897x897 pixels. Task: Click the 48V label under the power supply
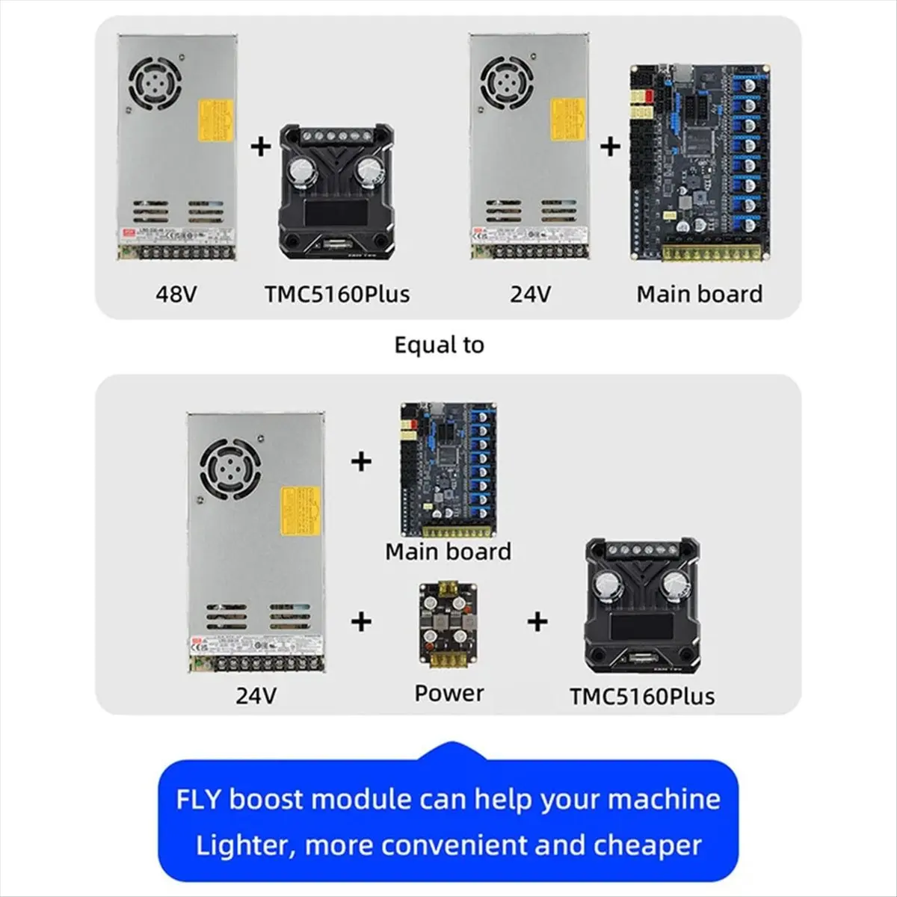click(x=176, y=294)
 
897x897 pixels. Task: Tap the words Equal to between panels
click(x=439, y=345)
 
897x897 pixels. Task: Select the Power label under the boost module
click(x=449, y=693)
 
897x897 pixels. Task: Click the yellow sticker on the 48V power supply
click(x=215, y=120)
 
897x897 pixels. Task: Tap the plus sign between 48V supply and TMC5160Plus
click(x=260, y=145)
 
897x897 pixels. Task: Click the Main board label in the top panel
click(x=700, y=294)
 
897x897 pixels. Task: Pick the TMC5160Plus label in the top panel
click(x=337, y=294)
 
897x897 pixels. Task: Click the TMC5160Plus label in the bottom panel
click(x=642, y=696)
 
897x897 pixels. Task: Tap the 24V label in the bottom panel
click(x=256, y=696)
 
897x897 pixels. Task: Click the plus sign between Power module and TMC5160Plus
click(x=537, y=621)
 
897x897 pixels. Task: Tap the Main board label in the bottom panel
click(x=449, y=552)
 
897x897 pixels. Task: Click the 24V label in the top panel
click(x=531, y=294)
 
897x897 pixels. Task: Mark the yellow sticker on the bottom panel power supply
click(x=300, y=511)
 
